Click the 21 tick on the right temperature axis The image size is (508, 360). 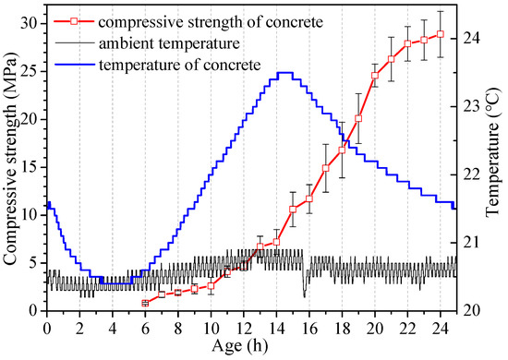[x=471, y=242]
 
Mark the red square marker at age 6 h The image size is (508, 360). [x=145, y=303]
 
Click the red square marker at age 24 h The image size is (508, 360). [x=440, y=34]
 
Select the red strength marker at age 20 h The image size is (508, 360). [x=374, y=76]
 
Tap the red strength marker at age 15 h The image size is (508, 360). [x=293, y=210]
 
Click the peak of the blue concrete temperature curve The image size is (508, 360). [x=284, y=73]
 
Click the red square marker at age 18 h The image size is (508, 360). [x=342, y=150]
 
